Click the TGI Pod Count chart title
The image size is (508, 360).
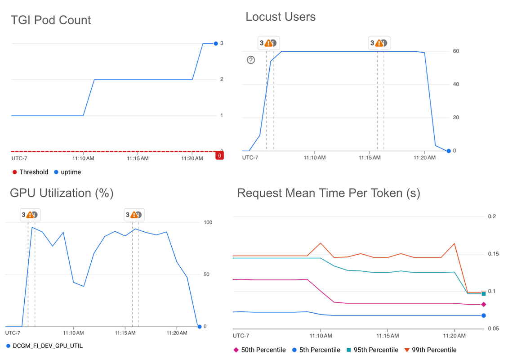coord(50,20)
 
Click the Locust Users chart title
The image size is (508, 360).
coord(281,17)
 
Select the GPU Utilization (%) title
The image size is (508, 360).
coord(62,193)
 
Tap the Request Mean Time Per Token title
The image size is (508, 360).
coord(328,193)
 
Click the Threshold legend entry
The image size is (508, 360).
coord(30,172)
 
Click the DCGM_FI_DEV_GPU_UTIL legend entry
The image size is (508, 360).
coord(45,346)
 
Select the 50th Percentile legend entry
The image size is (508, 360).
coord(260,350)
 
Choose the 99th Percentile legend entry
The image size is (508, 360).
coord(431,350)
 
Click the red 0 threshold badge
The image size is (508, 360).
coord(219,156)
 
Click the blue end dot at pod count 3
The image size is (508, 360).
coord(216,44)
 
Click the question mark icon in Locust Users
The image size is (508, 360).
coord(251,60)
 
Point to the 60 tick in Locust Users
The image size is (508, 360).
coord(456,51)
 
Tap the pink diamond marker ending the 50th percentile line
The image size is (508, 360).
coord(484,305)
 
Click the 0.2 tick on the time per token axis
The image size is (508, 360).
coord(492,216)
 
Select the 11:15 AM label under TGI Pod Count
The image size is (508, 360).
coord(138,158)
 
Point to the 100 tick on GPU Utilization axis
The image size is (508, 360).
coord(208,222)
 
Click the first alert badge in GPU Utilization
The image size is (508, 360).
coord(30,215)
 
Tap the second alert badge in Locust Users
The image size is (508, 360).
coord(379,43)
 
